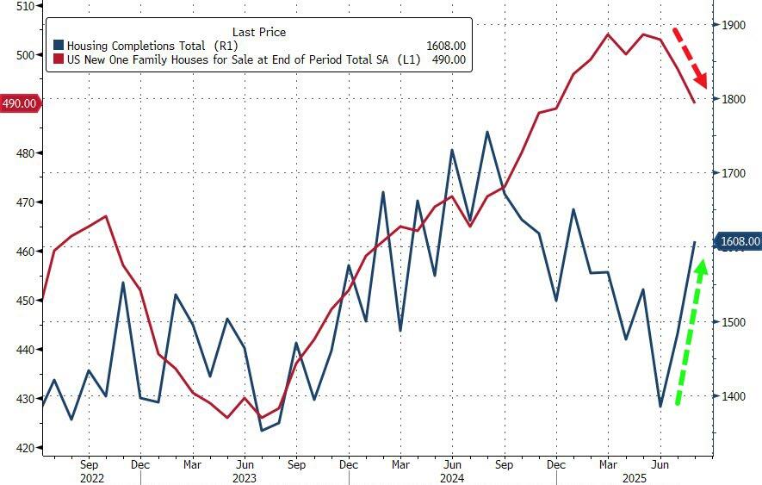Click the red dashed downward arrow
(690, 58)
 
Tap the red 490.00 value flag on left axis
(20, 103)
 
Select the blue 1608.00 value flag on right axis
(739, 241)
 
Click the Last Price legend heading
(259, 32)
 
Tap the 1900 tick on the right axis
(734, 25)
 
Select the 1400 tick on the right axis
(734, 396)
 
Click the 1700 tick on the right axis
(734, 173)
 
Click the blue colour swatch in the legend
(59, 46)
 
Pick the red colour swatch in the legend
(59, 59)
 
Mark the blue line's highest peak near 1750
(487, 132)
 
